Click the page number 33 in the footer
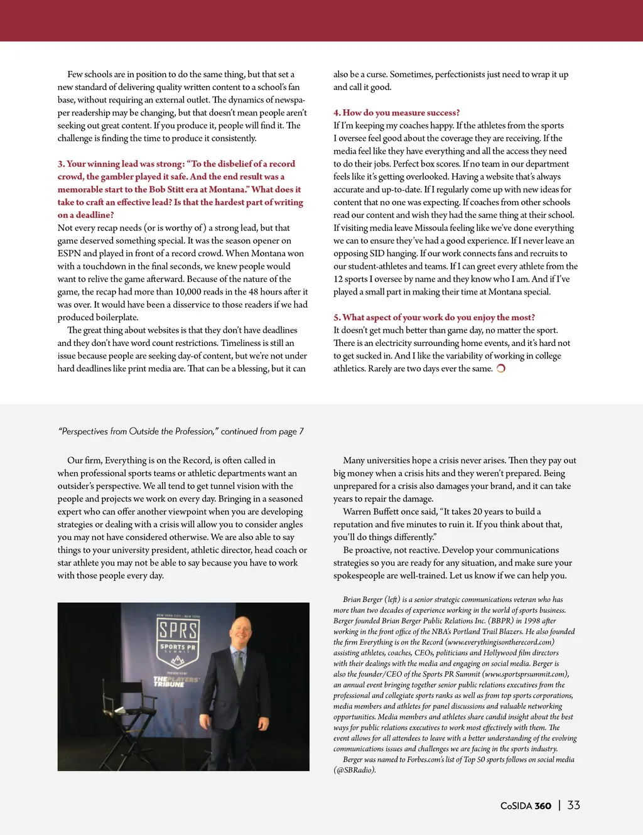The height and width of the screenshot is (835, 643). pyautogui.click(x=573, y=805)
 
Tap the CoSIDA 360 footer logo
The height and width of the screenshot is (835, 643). pyautogui.click(x=526, y=806)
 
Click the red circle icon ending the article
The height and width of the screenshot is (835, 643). pyautogui.click(x=501, y=369)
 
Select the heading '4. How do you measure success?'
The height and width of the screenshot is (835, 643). pyautogui.click(x=396, y=113)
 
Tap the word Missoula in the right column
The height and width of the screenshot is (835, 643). pyautogui.click(x=435, y=228)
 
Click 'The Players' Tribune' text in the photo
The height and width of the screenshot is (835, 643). pyautogui.click(x=176, y=682)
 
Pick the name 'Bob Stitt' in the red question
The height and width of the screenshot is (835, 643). pyautogui.click(x=166, y=190)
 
